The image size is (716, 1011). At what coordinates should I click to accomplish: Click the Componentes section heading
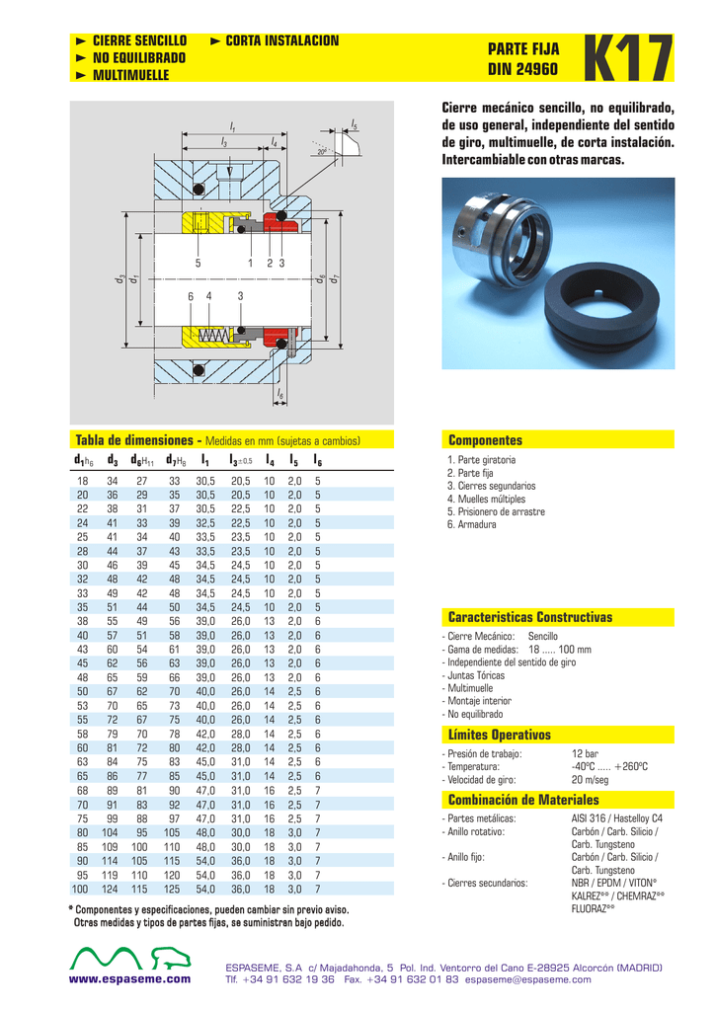(485, 440)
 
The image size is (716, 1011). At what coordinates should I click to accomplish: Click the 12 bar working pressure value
(585, 754)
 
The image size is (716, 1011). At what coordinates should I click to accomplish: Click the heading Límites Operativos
(499, 735)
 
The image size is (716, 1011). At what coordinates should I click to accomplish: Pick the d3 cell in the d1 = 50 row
(113, 692)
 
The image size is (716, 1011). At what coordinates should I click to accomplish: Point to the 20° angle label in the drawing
(322, 152)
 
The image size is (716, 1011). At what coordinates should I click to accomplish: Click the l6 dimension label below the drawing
(280, 395)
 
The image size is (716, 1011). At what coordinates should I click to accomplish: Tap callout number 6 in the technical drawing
(191, 296)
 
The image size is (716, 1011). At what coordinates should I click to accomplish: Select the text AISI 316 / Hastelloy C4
(616, 818)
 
